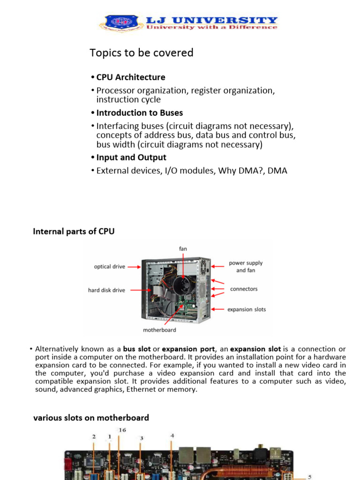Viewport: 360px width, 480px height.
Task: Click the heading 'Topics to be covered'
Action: point(142,53)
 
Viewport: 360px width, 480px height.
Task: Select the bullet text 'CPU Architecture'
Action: point(131,77)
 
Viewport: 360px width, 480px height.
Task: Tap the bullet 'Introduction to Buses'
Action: point(140,113)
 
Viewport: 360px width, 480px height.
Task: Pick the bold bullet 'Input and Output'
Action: point(131,157)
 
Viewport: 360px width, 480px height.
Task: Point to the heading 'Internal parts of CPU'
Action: point(74,231)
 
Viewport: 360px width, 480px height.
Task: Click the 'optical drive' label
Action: point(109,267)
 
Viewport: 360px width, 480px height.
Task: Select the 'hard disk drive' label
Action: point(106,290)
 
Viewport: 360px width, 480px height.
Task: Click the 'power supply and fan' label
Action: point(246,267)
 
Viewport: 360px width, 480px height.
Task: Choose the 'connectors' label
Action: point(244,289)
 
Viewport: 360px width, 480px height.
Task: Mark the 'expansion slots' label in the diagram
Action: point(247,309)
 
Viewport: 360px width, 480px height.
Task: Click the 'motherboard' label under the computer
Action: point(159,330)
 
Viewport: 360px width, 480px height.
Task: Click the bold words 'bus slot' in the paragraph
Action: point(137,349)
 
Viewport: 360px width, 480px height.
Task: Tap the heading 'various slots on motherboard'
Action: point(91,418)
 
